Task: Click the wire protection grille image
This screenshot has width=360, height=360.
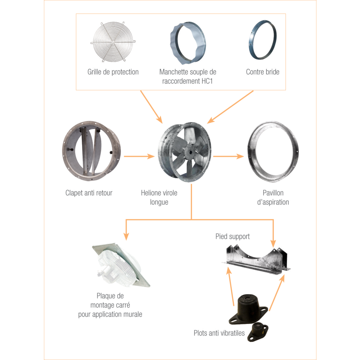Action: pyautogui.click(x=113, y=42)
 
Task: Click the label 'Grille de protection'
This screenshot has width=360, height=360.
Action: pyautogui.click(x=113, y=72)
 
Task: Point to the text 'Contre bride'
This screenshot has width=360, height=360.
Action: pyautogui.click(x=263, y=72)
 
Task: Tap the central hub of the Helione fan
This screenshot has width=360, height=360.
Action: pyautogui.click(x=190, y=152)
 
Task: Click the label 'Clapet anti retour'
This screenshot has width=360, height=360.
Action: pyautogui.click(x=89, y=193)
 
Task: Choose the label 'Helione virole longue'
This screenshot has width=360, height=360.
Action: pyautogui.click(x=159, y=197)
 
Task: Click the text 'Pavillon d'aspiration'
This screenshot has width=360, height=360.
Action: pyautogui.click(x=273, y=197)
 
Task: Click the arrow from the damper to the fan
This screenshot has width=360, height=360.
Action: pyautogui.click(x=139, y=156)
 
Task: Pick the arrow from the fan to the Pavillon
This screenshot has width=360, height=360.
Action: pyautogui.click(x=229, y=156)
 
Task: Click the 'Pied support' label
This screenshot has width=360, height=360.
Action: pyautogui.click(x=233, y=237)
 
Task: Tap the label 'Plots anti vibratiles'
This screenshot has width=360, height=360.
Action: pyautogui.click(x=219, y=333)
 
